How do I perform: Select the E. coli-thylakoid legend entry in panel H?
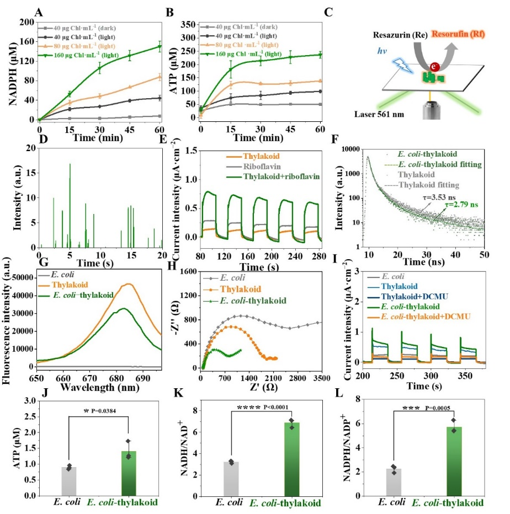click(259, 301)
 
